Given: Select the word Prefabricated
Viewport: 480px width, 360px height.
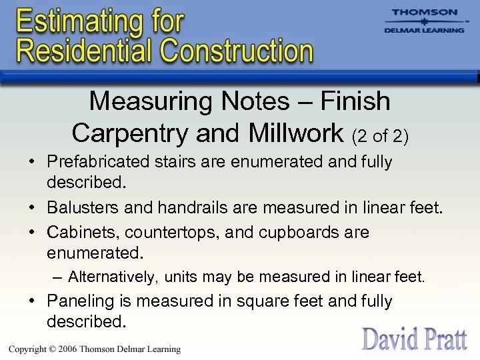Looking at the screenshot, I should tap(100, 162).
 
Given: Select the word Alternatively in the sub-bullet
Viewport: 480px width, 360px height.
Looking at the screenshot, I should tap(114, 276).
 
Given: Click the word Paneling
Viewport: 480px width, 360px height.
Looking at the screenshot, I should tap(75, 301).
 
